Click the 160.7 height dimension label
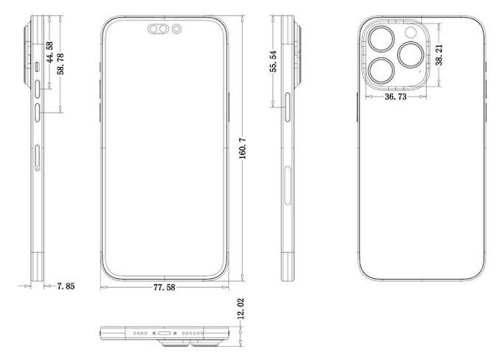pos(243,148)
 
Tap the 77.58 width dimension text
pos(164,288)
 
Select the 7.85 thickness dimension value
pos(66,286)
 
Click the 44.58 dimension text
pos(49,52)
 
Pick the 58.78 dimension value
pos(60,63)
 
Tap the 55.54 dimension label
pos(274,61)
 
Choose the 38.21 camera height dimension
pos(439,55)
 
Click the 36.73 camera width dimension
pos(395,97)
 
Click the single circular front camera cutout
pos(177,30)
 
